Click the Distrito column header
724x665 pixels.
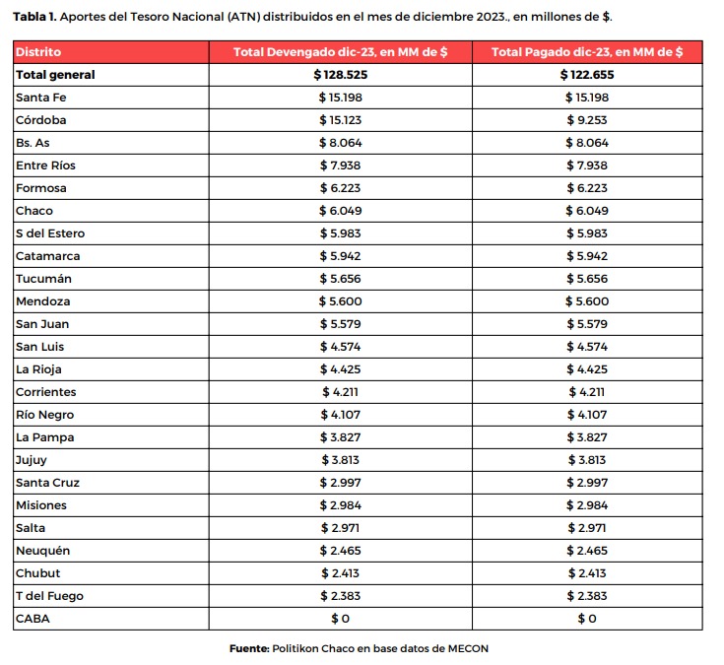click(x=38, y=51)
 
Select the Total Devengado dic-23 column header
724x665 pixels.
click(x=340, y=51)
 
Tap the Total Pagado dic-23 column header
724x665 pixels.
click(x=587, y=51)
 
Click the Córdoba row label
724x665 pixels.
click(x=40, y=120)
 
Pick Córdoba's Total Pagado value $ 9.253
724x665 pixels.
click(x=587, y=120)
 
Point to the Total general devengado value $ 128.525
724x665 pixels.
click(x=340, y=75)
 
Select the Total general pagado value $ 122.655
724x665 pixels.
click(x=587, y=75)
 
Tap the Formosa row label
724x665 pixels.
click(x=41, y=188)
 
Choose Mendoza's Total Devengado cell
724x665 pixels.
click(x=340, y=301)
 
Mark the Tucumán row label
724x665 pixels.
click(x=43, y=279)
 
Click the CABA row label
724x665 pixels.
click(x=33, y=619)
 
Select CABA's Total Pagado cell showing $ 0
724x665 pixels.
click(x=587, y=619)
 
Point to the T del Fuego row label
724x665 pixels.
click(x=49, y=596)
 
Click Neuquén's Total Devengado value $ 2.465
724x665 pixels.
click(x=340, y=551)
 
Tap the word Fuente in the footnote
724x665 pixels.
click(x=249, y=648)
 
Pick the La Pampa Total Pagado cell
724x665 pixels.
click(x=587, y=437)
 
